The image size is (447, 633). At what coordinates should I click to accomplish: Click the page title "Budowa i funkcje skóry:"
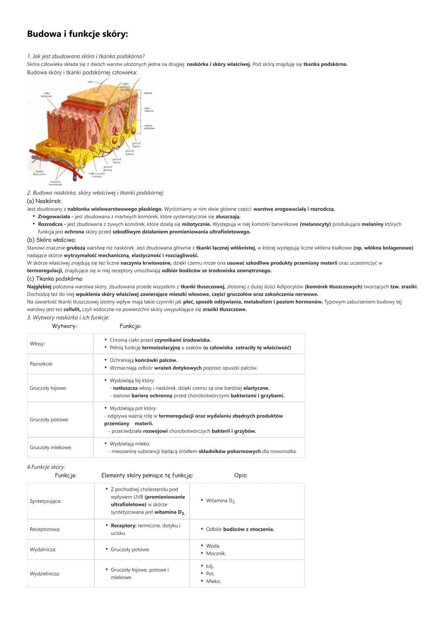pyautogui.click(x=77, y=34)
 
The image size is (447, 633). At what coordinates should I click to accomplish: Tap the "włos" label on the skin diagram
pyautogui.click(x=90, y=82)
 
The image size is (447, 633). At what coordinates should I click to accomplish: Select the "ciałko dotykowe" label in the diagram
pyautogui.click(x=46, y=95)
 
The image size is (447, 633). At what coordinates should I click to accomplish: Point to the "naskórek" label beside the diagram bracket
pyautogui.click(x=148, y=93)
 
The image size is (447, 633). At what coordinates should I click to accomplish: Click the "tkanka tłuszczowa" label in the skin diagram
pyautogui.click(x=39, y=172)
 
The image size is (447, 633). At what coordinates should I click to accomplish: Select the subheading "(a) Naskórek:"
pyautogui.click(x=44, y=201)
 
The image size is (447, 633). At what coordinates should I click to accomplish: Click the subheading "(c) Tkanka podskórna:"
pyautogui.click(x=55, y=279)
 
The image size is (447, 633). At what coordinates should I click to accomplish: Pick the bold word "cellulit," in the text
pyautogui.click(x=72, y=309)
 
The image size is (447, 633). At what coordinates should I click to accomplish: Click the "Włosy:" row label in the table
pyautogui.click(x=37, y=344)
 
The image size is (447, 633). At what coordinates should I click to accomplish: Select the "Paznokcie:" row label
pyautogui.click(x=41, y=364)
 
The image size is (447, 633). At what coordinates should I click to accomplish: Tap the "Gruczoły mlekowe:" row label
pyautogui.click(x=50, y=447)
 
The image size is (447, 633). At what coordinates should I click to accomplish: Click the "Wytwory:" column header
pyautogui.click(x=64, y=326)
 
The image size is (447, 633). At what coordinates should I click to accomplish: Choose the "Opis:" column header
pyautogui.click(x=240, y=475)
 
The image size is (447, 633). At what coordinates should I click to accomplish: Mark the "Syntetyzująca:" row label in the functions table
pyautogui.click(x=45, y=501)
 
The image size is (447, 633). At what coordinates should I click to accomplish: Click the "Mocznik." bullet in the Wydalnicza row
pyautogui.click(x=216, y=553)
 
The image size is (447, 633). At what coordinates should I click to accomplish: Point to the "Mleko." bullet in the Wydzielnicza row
pyautogui.click(x=214, y=581)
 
